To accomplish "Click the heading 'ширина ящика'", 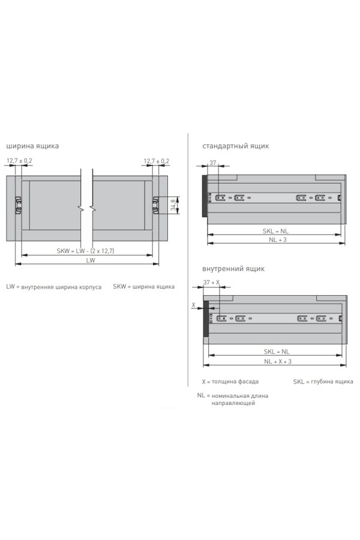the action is click(32, 146).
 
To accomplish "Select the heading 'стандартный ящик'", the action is click(236, 146).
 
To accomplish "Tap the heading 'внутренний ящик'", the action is click(233, 269).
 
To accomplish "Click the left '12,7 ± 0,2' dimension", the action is click(19, 160).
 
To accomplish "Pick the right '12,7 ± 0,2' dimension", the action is click(157, 161).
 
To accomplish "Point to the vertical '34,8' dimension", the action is click(173, 205).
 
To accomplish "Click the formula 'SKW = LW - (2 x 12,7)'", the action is click(85, 251).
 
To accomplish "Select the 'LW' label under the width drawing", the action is click(90, 260).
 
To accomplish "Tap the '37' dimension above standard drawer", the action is click(213, 163).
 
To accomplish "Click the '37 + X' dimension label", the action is click(211, 283).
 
